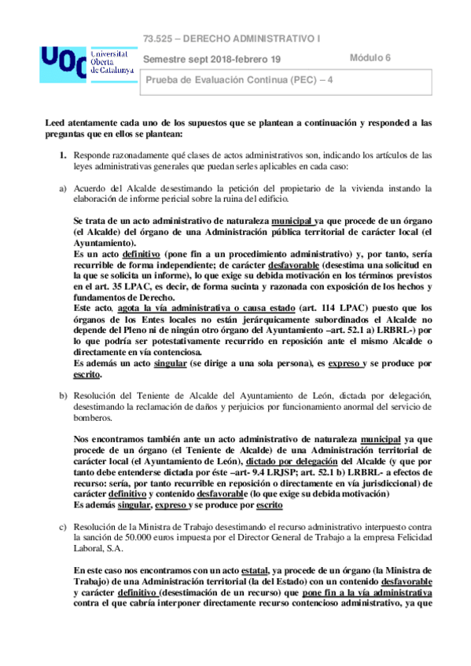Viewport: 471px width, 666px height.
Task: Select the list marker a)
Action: pos(52,188)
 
